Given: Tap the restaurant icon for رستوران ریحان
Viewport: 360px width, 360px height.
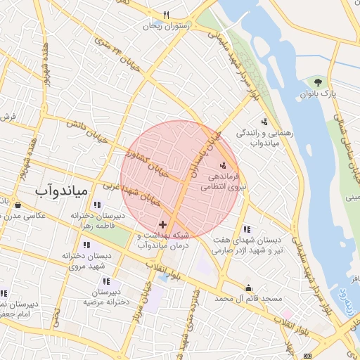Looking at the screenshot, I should click(x=167, y=15).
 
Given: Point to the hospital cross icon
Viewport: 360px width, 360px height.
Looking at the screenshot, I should click(x=163, y=224).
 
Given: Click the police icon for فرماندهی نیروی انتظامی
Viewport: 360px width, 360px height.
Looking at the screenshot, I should click(x=223, y=165).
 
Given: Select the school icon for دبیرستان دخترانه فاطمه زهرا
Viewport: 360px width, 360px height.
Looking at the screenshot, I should click(x=96, y=205).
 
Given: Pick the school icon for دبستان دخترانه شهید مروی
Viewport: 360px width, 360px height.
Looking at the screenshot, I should click(x=86, y=245).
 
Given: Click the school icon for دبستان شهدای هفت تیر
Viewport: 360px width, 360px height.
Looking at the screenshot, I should click(x=247, y=229).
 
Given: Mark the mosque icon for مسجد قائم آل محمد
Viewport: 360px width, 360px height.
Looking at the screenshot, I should click(x=248, y=288).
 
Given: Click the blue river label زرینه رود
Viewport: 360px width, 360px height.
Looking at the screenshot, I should click(x=345, y=298).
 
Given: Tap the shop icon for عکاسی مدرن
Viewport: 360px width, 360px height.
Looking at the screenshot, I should click(x=18, y=205).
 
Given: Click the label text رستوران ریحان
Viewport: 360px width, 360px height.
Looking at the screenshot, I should click(x=167, y=26).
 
